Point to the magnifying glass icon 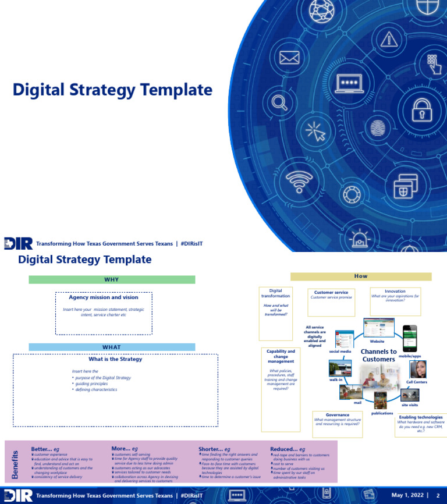280,103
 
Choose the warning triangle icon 388,40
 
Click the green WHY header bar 112,280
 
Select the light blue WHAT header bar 112,347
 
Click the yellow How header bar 361,276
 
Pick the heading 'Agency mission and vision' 104,297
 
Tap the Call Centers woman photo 417,369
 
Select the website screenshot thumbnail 379,328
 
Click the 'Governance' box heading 338,415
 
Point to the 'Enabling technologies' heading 421,417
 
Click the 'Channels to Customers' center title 379,356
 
